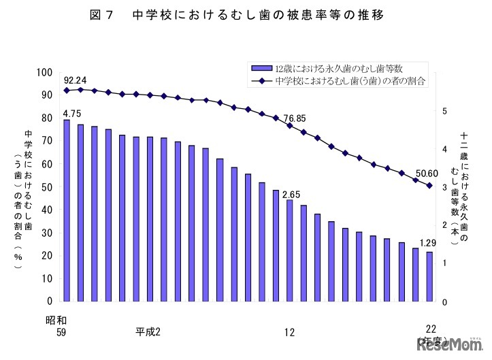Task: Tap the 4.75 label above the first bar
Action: [72, 113]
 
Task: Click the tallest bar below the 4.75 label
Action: [67, 210]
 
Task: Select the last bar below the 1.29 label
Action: [429, 276]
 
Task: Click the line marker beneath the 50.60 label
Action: [429, 186]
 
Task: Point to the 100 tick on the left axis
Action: [45, 72]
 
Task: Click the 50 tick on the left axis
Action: [47, 186]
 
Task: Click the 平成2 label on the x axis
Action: [148, 331]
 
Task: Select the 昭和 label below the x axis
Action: [56, 319]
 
